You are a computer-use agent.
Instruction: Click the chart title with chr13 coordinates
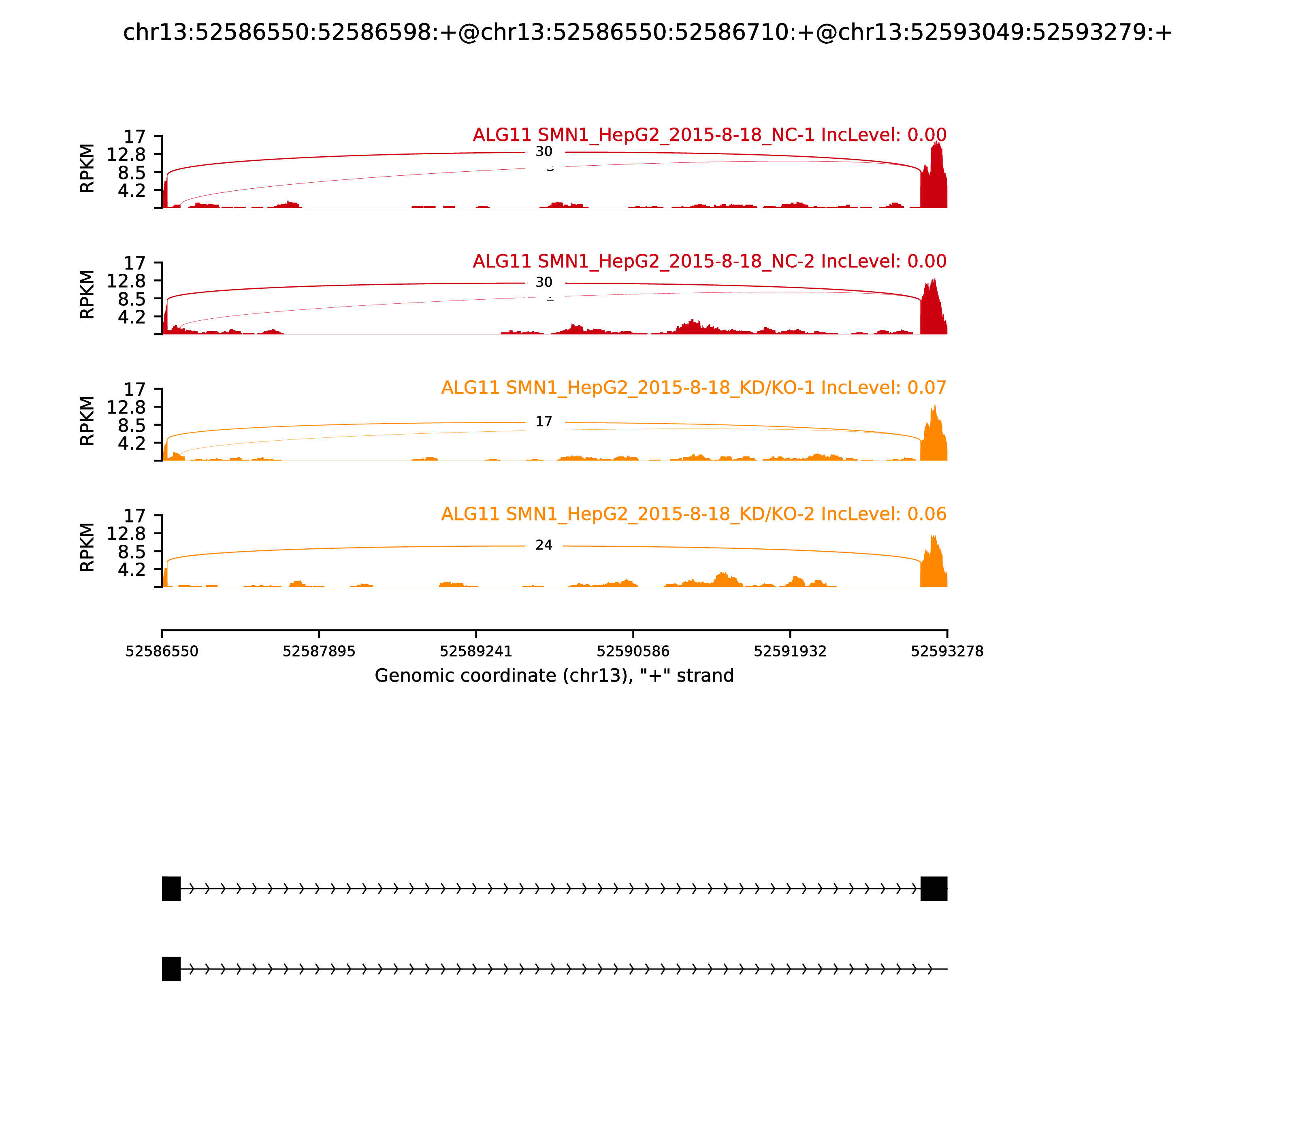(x=647, y=32)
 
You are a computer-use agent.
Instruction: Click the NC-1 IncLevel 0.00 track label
(x=710, y=135)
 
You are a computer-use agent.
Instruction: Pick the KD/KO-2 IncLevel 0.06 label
(x=693, y=514)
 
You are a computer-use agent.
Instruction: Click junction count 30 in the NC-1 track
(x=544, y=152)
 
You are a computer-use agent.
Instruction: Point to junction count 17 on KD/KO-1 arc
(x=544, y=422)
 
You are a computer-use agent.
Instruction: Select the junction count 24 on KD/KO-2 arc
(x=544, y=546)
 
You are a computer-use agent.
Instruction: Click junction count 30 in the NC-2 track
(x=544, y=283)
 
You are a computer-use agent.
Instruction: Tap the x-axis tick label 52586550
(x=162, y=652)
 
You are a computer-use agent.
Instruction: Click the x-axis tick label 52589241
(x=476, y=652)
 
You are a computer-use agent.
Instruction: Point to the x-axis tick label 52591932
(x=790, y=652)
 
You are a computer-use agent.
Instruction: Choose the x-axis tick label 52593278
(x=947, y=652)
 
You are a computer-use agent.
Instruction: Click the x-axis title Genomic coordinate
(x=554, y=676)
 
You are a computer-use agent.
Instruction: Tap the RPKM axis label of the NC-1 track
(x=87, y=168)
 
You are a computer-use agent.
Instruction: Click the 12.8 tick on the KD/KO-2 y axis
(x=126, y=534)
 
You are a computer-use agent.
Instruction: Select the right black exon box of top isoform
(x=934, y=889)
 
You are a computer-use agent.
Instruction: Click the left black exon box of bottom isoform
(x=171, y=969)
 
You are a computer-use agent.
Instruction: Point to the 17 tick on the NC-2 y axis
(x=134, y=263)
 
